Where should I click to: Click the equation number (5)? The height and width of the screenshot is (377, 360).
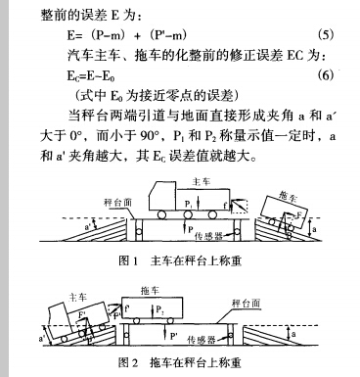[328, 35]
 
